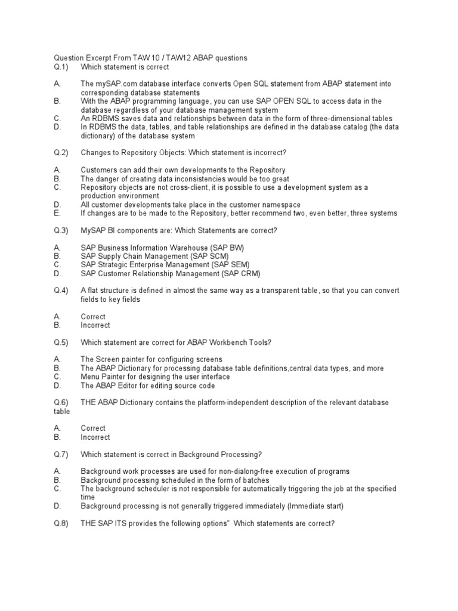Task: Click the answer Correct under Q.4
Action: (x=93, y=317)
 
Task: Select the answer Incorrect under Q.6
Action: (x=95, y=437)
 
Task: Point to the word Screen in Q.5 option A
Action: (x=108, y=360)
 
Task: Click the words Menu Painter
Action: (x=105, y=377)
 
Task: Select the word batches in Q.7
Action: (x=255, y=480)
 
